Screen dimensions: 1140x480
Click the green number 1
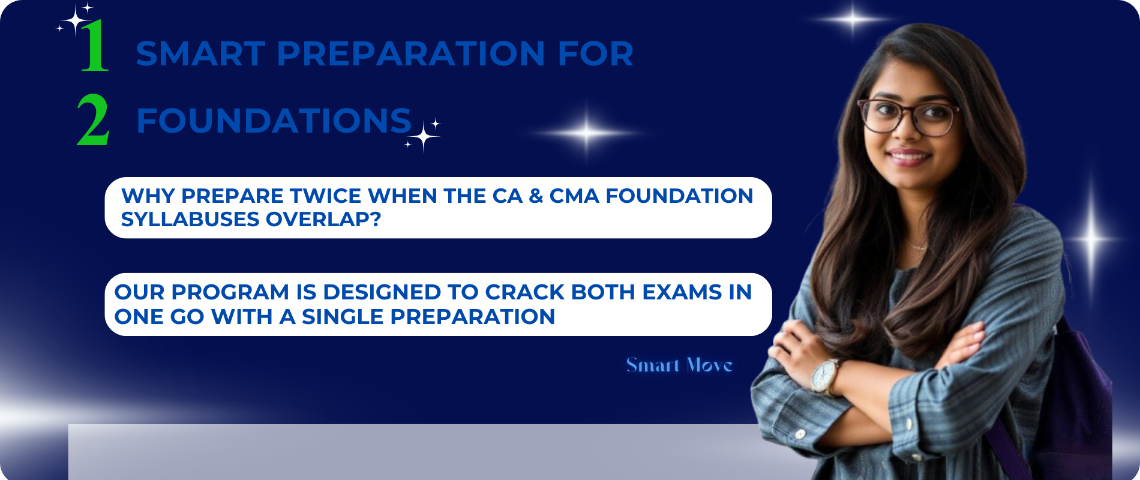[x=95, y=46]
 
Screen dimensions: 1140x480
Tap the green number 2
[x=93, y=121]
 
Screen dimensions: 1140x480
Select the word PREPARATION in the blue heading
[x=411, y=54]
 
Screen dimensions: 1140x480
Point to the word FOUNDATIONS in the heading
[x=274, y=121]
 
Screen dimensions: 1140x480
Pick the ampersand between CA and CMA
[x=536, y=196]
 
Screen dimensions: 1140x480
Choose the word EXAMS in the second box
[x=682, y=292]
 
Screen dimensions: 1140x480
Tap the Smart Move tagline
[x=679, y=365]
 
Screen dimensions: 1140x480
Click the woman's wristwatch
[x=826, y=376]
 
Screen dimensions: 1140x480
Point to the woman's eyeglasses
[x=909, y=116]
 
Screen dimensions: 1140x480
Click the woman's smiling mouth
[x=908, y=157]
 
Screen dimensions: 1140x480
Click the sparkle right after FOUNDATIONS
[x=423, y=134]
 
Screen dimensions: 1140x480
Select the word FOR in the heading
[x=595, y=54]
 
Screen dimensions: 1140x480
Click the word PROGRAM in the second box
[x=230, y=292]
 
